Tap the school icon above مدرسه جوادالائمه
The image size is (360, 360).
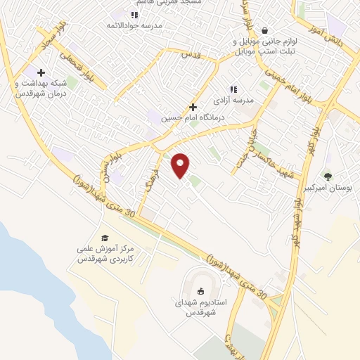134,15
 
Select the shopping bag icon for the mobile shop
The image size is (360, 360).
264,30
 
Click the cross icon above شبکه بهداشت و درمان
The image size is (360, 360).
41,72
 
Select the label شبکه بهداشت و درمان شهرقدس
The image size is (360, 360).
41,88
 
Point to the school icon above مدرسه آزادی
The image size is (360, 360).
233,89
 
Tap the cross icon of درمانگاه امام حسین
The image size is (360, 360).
193,107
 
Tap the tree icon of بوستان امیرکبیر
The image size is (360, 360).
328,176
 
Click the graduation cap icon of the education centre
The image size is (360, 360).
105,238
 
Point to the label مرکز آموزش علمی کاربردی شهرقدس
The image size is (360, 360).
105,254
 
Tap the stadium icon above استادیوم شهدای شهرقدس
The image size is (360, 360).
201,291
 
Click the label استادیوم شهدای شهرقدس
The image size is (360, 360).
200,307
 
